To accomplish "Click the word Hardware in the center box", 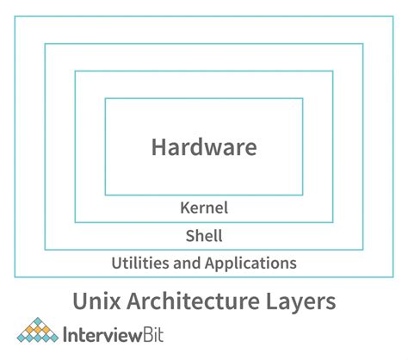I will (204, 146).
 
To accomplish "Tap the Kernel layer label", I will (204, 208).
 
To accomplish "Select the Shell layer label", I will (204, 235).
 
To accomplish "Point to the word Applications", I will (250, 263).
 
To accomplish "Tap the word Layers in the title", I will (299, 302).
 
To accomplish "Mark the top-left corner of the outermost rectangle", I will (15, 15).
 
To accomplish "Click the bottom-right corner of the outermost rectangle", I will (393, 277).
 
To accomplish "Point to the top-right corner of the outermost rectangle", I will (393, 15).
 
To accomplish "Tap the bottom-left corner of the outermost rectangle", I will (15, 277).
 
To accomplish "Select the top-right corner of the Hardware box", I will (303, 98).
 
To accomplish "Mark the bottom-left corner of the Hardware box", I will (105, 195).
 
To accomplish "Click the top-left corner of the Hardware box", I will (105, 98).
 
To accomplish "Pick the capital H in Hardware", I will (159, 146).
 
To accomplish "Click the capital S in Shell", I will (190, 235).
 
